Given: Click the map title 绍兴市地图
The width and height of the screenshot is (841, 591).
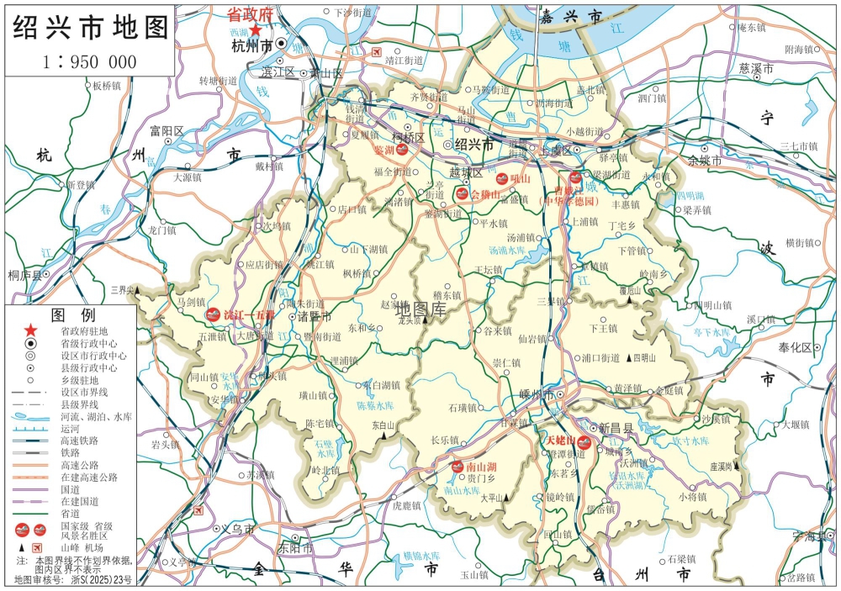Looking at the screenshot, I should tap(90, 28).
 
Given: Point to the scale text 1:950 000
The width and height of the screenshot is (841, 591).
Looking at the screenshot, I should tap(89, 62).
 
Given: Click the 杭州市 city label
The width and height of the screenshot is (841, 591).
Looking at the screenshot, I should tap(251, 45).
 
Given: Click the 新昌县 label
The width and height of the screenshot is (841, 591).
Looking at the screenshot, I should tap(616, 428).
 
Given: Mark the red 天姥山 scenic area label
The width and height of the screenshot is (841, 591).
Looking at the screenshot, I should tap(559, 441).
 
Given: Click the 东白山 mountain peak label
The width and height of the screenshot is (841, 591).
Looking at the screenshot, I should tap(383, 425).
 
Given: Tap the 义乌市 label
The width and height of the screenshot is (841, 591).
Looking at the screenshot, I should tap(237, 530).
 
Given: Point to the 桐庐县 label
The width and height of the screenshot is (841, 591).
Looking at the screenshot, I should tap(24, 274).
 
